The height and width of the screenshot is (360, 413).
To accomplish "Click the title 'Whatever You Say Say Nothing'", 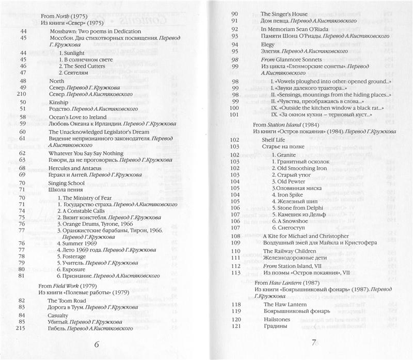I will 86,153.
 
